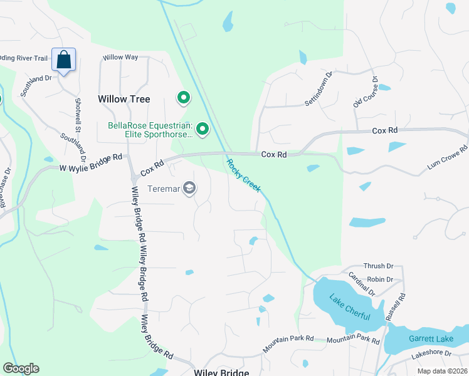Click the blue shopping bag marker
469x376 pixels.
64,60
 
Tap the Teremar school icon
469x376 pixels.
189,188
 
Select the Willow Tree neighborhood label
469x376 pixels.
124,99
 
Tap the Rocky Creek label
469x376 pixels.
243,175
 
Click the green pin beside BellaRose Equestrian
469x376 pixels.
203,130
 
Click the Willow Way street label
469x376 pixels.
120,57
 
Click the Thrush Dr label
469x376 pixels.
381,266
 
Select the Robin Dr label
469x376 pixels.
381,279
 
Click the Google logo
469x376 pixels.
21,368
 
